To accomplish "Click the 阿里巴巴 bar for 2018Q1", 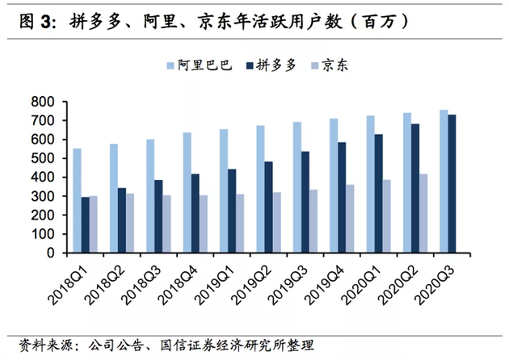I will tap(78, 200).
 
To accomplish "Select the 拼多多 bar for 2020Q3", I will tap(452, 183).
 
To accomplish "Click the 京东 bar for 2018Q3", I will tap(167, 224).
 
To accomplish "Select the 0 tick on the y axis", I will tap(52, 253).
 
